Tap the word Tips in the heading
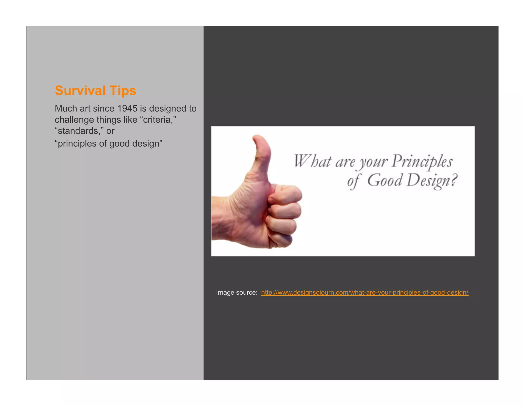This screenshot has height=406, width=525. [123, 91]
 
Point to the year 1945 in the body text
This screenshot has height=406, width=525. [127, 109]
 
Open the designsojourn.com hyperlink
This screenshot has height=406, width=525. [365, 292]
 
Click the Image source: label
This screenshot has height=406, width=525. [236, 292]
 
